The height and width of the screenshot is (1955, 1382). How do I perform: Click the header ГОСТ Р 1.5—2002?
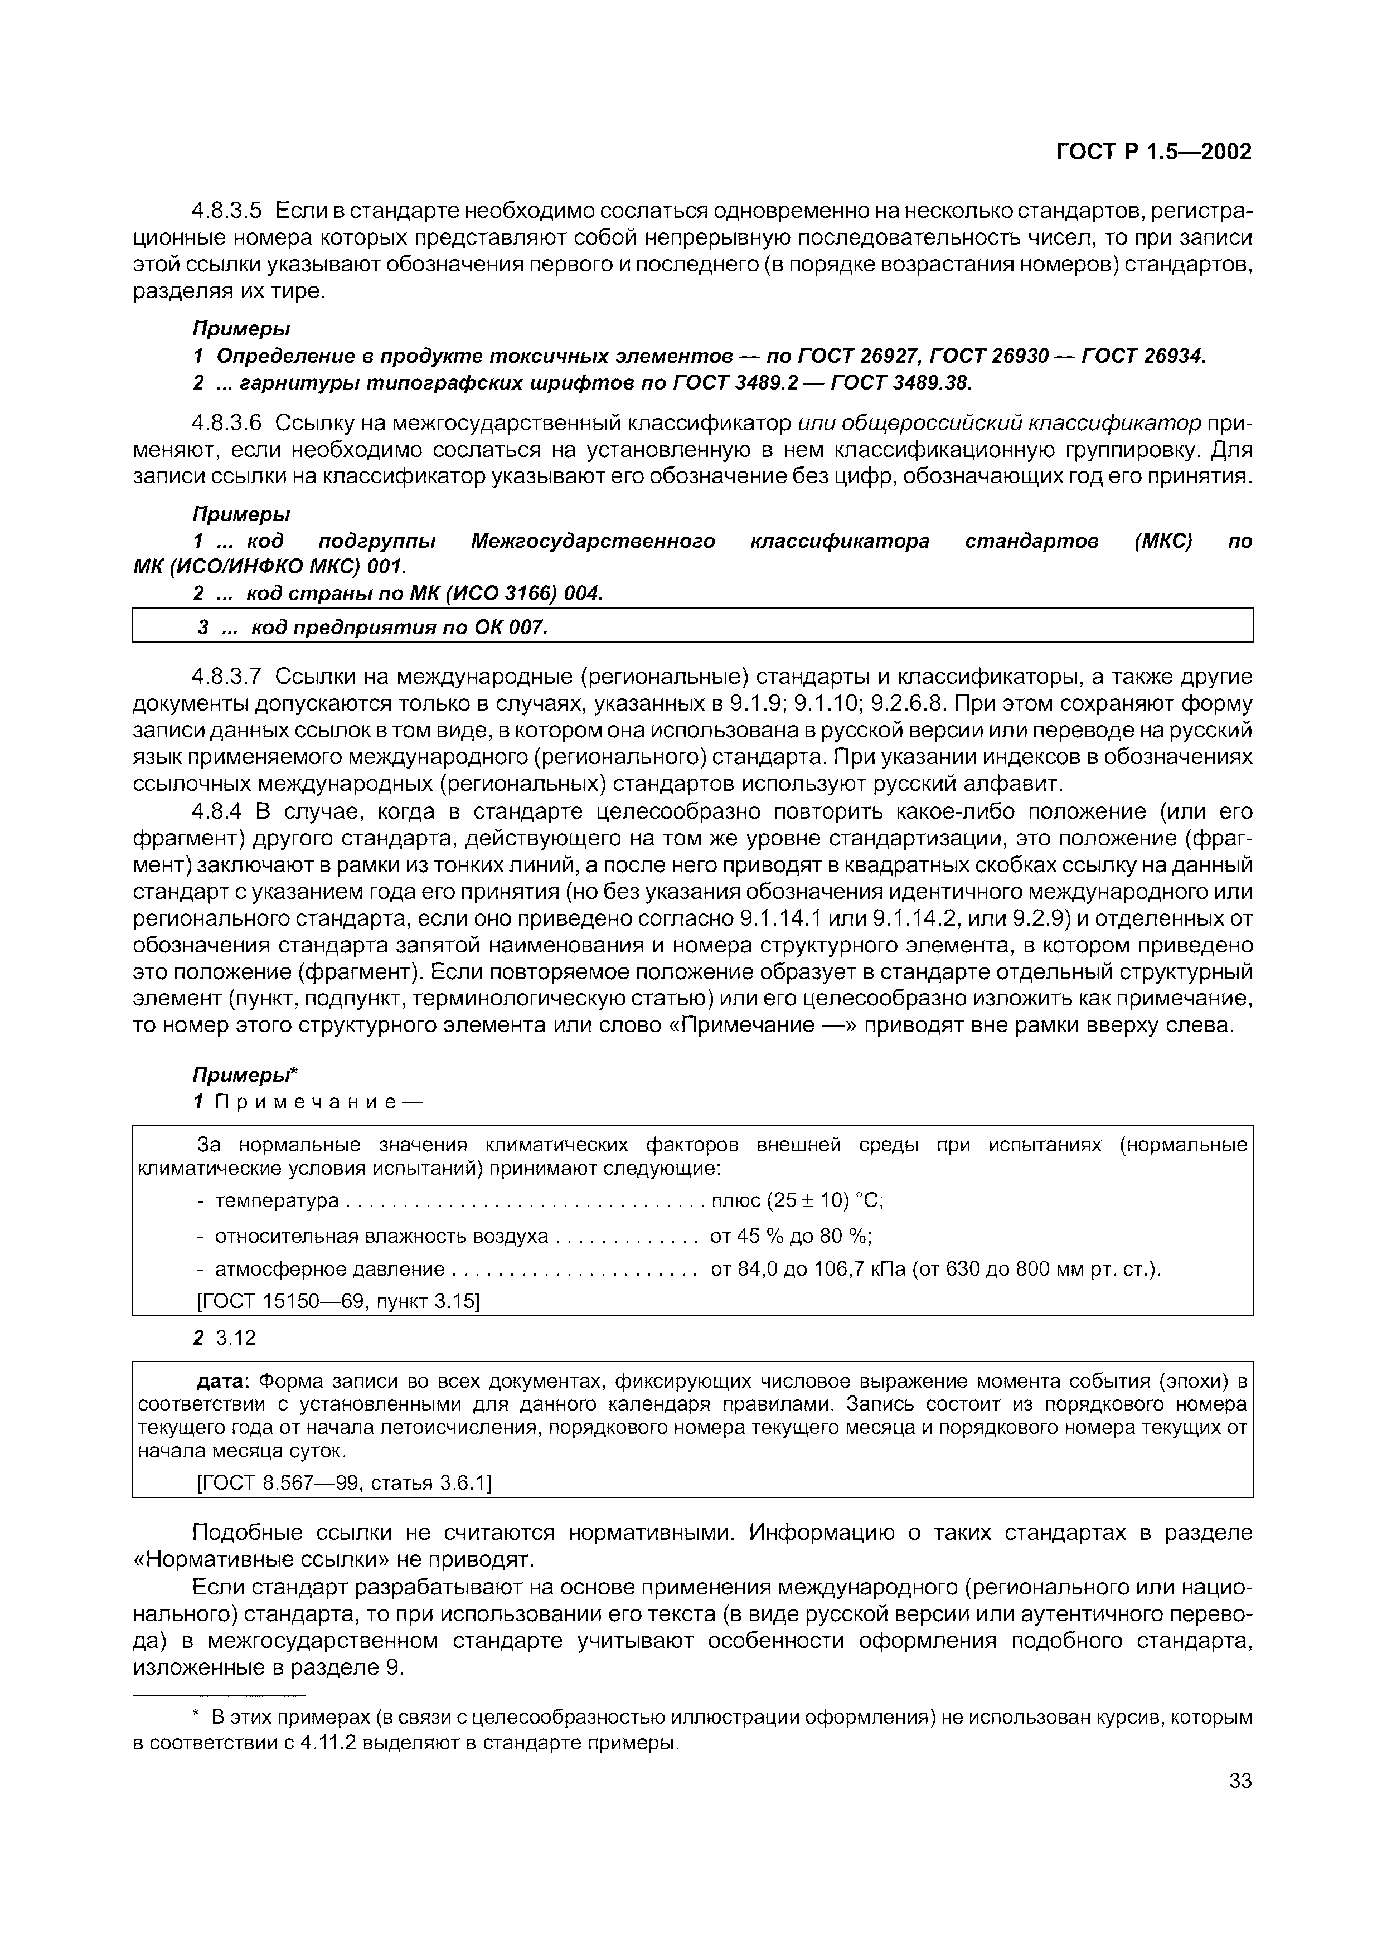(1154, 152)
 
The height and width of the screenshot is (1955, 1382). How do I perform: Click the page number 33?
(1240, 1805)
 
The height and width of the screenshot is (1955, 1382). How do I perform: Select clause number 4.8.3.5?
(227, 210)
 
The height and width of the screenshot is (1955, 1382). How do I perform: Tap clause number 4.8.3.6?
(227, 422)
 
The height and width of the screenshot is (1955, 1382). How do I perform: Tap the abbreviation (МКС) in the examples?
(1163, 542)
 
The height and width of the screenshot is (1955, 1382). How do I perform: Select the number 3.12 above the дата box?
(236, 1339)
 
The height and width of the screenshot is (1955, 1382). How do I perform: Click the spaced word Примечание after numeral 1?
(305, 1102)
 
